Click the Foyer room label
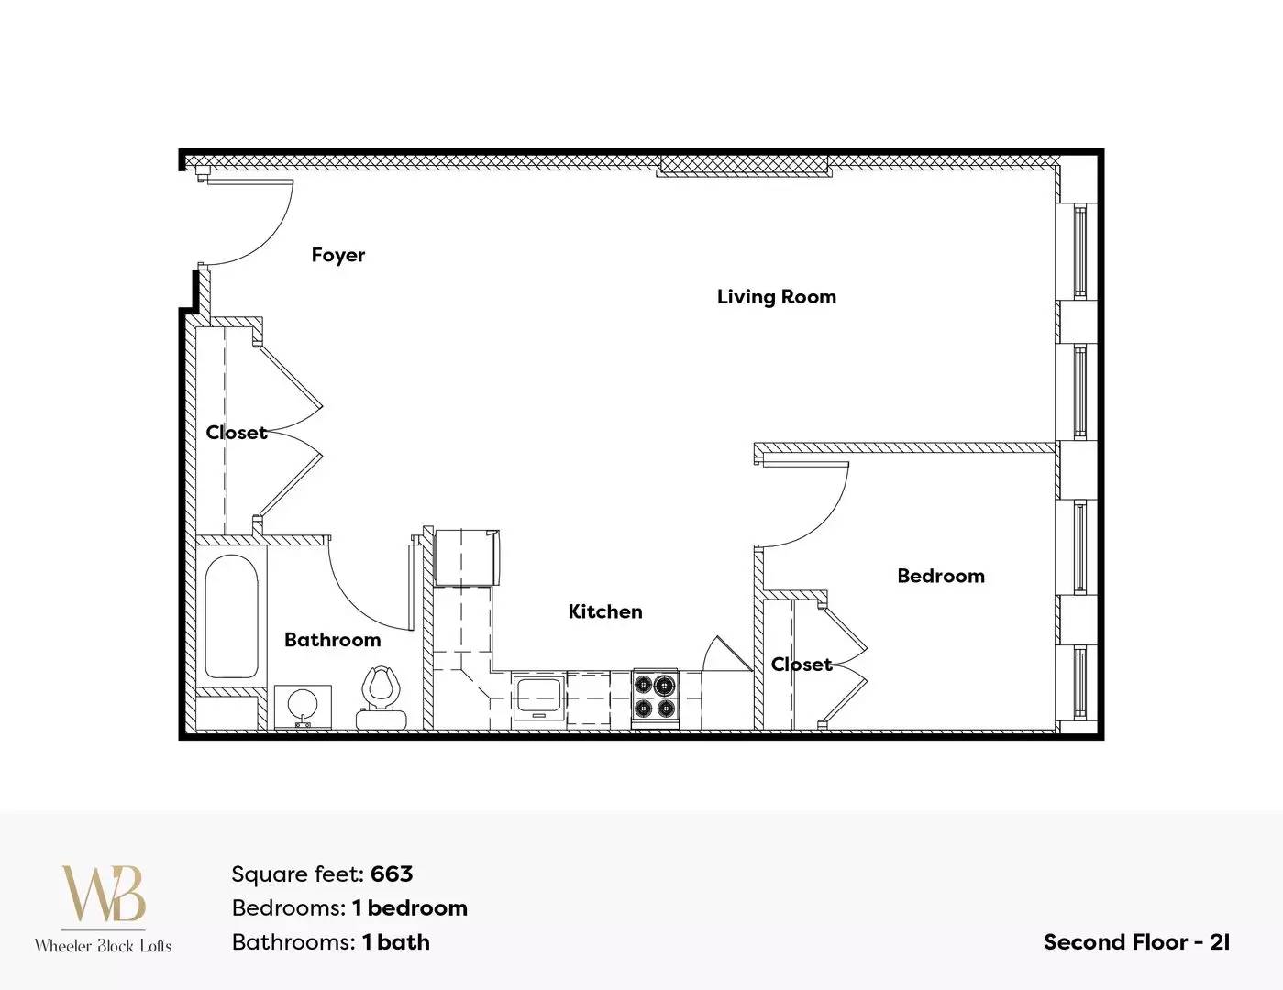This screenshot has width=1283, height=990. (x=338, y=256)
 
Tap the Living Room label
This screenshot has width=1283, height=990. (x=777, y=297)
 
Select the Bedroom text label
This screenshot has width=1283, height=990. (x=941, y=576)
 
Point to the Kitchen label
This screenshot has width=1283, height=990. (x=605, y=611)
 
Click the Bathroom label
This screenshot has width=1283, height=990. (x=332, y=640)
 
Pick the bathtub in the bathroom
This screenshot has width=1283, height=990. (x=231, y=617)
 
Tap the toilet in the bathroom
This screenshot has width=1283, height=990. (x=382, y=698)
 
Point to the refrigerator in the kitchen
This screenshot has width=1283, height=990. (x=467, y=557)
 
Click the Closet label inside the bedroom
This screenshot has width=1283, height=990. (x=802, y=665)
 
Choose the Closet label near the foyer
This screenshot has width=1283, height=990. (x=237, y=433)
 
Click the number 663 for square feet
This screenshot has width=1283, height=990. (x=392, y=874)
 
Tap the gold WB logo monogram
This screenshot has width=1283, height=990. (x=104, y=894)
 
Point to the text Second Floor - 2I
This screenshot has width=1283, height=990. (x=1136, y=942)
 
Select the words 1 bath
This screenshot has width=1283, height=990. (x=396, y=942)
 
